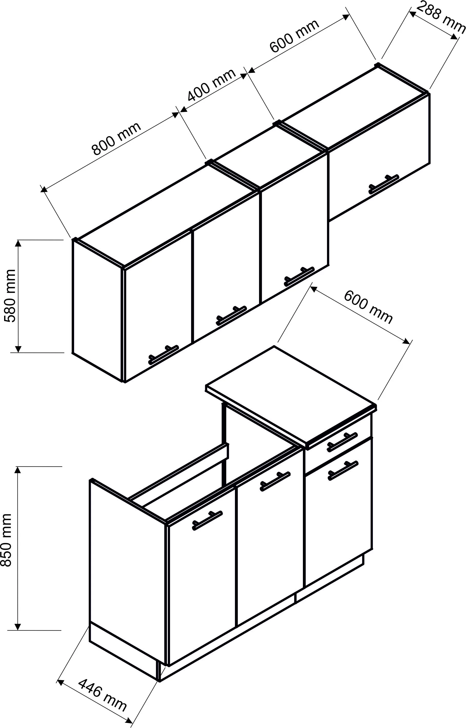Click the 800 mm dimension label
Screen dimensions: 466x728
pos(116,138)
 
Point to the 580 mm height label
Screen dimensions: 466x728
pos(10,296)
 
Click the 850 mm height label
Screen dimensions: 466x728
pos(7,540)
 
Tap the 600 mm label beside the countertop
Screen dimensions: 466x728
pos(368,307)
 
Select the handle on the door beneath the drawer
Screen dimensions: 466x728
pos(343,471)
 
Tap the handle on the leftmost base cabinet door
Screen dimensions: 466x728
pos(207,521)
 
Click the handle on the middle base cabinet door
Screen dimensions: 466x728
pos(275,481)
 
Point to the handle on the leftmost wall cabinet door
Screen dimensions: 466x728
pos(164,355)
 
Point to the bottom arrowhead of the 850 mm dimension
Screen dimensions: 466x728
pos(18,627)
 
